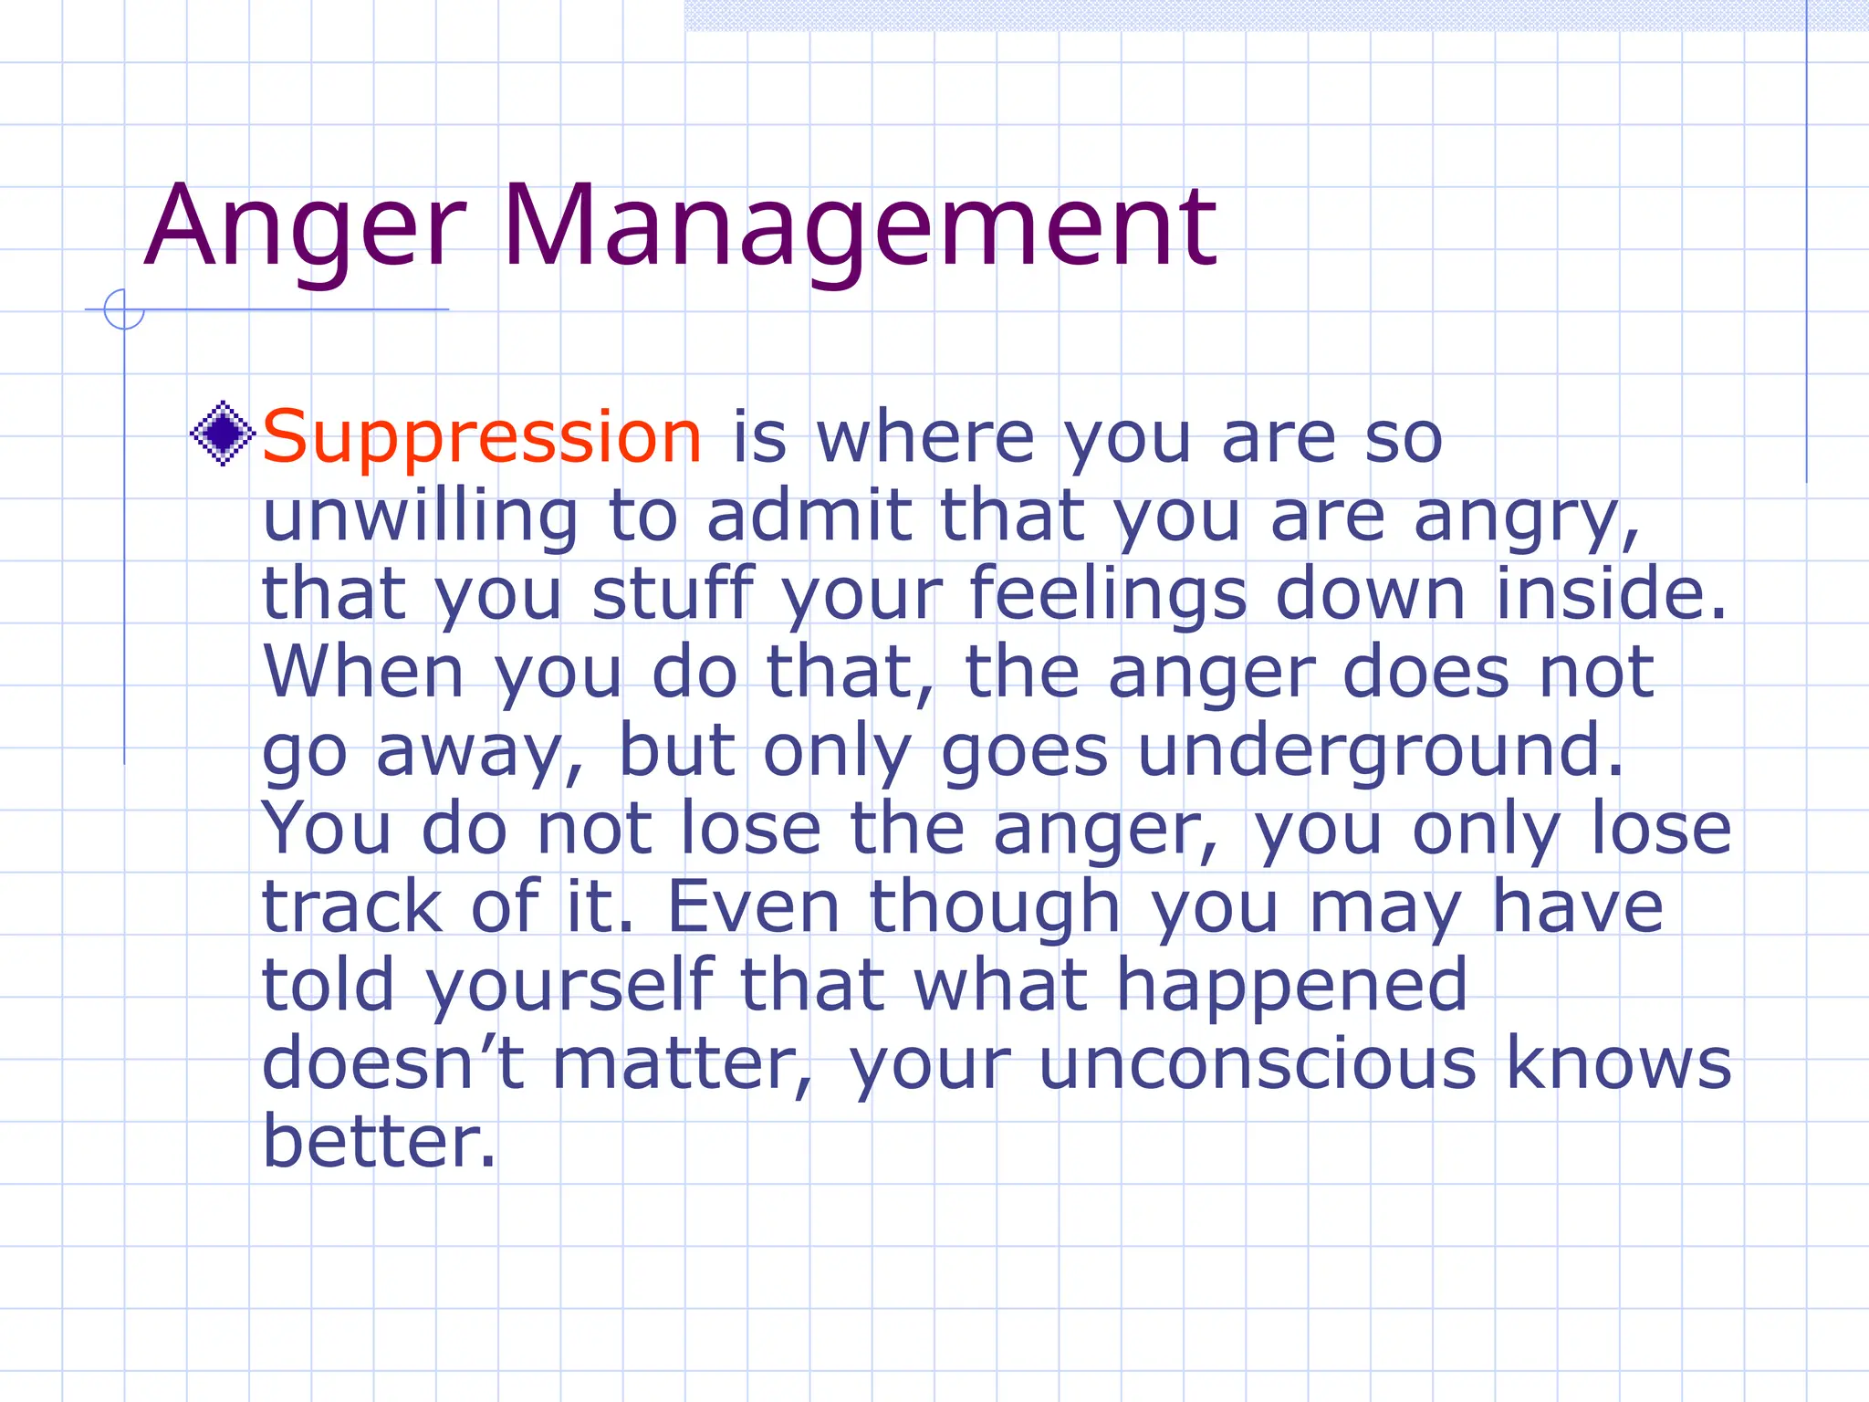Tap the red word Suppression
coord(482,437)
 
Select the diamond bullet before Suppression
coord(223,434)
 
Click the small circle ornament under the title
coord(124,309)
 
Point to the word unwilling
coord(420,516)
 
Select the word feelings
coord(1107,594)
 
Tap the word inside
coord(1610,594)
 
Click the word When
coord(364,673)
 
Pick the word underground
coord(1381,751)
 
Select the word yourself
coord(570,986)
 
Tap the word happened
coord(1291,986)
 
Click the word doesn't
coord(392,1063)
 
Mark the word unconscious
coord(1257,1063)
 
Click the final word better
coord(379,1142)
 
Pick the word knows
coord(1617,1063)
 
